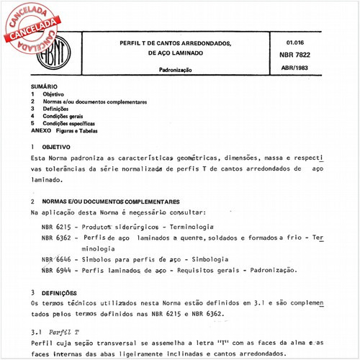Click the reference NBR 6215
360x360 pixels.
tap(56, 226)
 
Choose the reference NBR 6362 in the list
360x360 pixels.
tap(56, 237)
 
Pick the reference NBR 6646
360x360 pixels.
tap(56, 258)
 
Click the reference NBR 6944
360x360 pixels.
tap(56, 269)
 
